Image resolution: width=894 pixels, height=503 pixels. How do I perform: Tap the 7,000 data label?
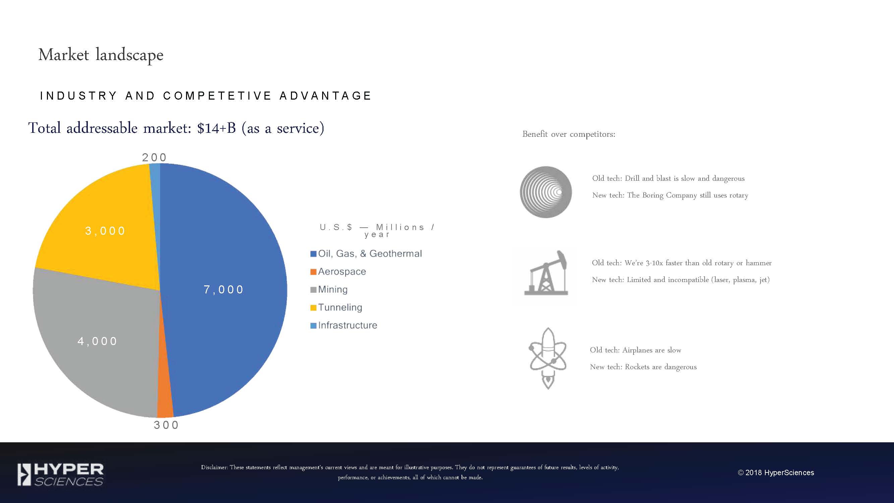pyautogui.click(x=224, y=289)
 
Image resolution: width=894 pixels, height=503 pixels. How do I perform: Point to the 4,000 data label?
pyautogui.click(x=97, y=341)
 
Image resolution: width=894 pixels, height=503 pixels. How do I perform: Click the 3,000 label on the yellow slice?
pyautogui.click(x=105, y=230)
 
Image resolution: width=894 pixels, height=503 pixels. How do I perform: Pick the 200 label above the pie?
pyautogui.click(x=155, y=157)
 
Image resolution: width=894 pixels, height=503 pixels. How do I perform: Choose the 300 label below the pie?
pyautogui.click(x=166, y=425)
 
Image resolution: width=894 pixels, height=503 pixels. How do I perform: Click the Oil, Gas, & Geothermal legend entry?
pyautogui.click(x=366, y=254)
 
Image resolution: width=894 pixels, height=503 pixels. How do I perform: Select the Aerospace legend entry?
pyautogui.click(x=338, y=272)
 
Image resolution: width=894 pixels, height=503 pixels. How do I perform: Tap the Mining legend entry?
pyautogui.click(x=329, y=289)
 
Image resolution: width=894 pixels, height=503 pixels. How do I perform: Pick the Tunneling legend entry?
pyautogui.click(x=336, y=307)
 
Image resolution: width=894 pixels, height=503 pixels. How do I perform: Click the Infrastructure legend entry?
pyautogui.click(x=344, y=325)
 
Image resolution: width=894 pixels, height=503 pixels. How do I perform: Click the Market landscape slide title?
pyautogui.click(x=101, y=55)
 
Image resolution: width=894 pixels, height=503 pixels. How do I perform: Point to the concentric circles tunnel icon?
pyautogui.click(x=546, y=192)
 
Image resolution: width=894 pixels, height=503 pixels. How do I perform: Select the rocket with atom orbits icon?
pyautogui.click(x=547, y=358)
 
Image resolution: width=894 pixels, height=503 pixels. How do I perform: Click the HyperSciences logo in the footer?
pyautogui.click(x=60, y=474)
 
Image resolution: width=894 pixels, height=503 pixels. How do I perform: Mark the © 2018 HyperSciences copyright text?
pyautogui.click(x=776, y=472)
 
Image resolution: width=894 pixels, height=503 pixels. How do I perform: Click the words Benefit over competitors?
pyautogui.click(x=569, y=134)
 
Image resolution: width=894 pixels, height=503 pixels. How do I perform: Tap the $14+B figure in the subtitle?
pyautogui.click(x=217, y=128)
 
